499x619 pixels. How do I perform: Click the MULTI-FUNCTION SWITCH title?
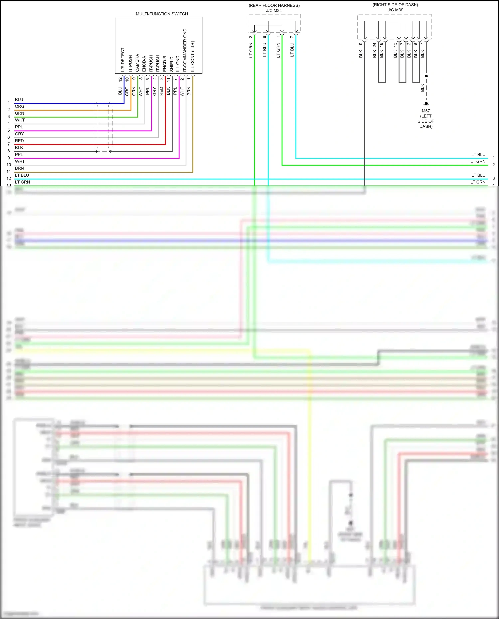pyautogui.click(x=162, y=14)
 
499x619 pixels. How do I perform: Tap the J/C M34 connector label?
pyautogui.click(x=274, y=10)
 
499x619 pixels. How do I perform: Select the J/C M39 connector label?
pyautogui.click(x=395, y=10)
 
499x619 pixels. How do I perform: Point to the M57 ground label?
pyautogui.click(x=426, y=111)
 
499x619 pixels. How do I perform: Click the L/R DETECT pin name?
pyautogui.click(x=123, y=60)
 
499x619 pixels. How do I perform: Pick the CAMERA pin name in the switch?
pyautogui.click(x=137, y=63)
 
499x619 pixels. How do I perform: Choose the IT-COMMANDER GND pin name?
pyautogui.click(x=185, y=50)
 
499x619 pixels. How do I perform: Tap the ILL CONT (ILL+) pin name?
pyautogui.click(x=192, y=56)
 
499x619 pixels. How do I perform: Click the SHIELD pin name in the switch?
pyautogui.click(x=172, y=64)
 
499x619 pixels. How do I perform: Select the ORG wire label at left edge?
pyautogui.click(x=19, y=106)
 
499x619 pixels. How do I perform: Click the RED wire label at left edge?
pyautogui.click(x=19, y=141)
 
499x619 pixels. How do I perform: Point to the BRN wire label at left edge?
pyautogui.click(x=19, y=168)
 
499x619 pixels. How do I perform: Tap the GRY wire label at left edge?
pyautogui.click(x=19, y=134)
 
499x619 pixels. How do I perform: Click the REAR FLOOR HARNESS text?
pyautogui.click(x=274, y=5)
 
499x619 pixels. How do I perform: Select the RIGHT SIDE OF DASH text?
pyautogui.click(x=395, y=5)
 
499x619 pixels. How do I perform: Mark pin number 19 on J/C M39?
pyautogui.click(x=361, y=44)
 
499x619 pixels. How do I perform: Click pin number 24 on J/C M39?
pyautogui.click(x=374, y=44)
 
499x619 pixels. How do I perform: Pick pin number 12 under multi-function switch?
pyautogui.click(x=120, y=80)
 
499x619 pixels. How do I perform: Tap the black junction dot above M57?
pyautogui.click(x=426, y=76)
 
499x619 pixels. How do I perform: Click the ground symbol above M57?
pyautogui.click(x=426, y=104)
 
